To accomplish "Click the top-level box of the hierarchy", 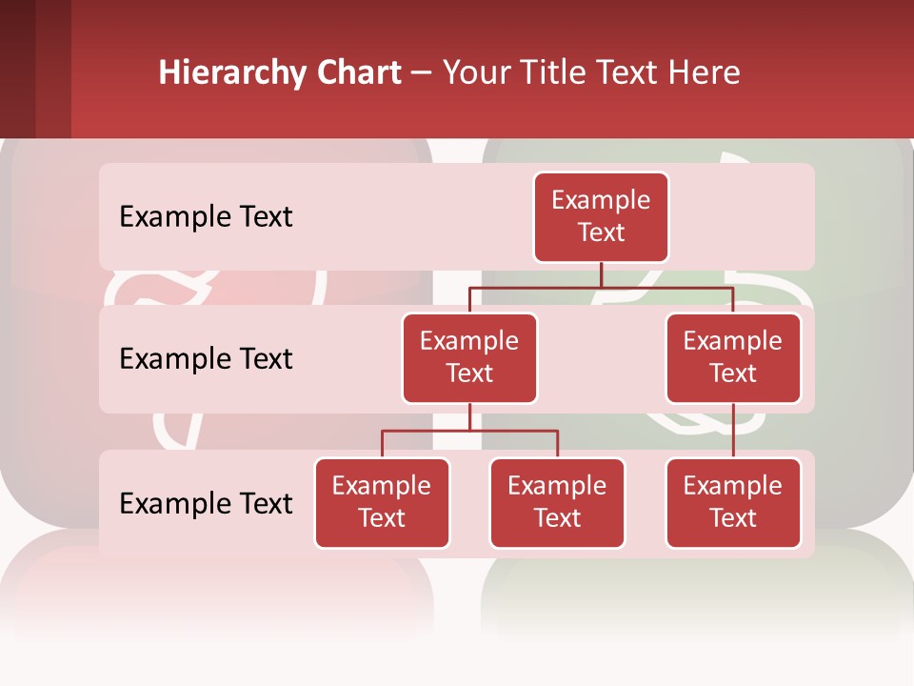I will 601,216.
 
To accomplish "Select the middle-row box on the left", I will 469,357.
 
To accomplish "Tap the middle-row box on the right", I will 733,357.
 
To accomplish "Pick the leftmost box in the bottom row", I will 382,502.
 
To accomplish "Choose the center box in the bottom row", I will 557,502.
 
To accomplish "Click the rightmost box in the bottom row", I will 733,502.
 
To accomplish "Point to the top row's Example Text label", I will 206,217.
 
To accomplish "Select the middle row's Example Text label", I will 206,359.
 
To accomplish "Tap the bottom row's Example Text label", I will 206,503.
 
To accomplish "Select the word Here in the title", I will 705,72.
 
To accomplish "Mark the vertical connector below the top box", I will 601,274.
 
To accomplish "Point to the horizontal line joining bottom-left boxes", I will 469,431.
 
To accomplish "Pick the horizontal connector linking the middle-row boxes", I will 601,287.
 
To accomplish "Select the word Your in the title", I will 476,72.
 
